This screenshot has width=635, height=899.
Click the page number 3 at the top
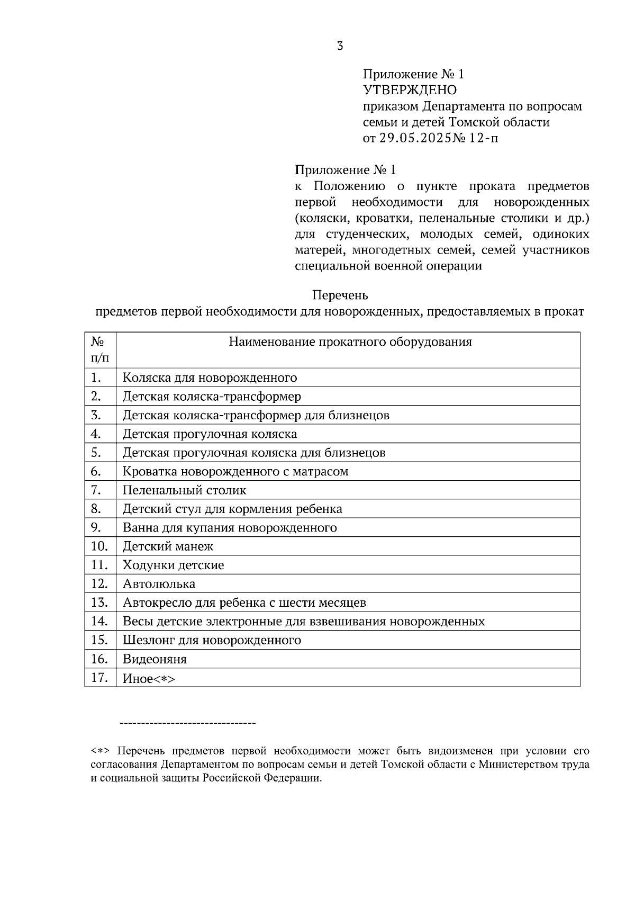pyautogui.click(x=340, y=46)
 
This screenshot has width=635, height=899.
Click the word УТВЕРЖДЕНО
pyautogui.click(x=410, y=90)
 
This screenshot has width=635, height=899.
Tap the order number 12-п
pyautogui.click(x=483, y=139)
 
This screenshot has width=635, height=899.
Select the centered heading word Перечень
pyautogui.click(x=340, y=295)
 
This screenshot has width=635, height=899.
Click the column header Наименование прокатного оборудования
pyautogui.click(x=350, y=342)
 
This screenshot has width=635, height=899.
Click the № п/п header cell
pyautogui.click(x=100, y=350)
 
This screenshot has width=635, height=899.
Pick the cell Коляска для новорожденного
pyautogui.click(x=210, y=378)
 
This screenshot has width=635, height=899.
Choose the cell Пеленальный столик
pyautogui.click(x=184, y=490)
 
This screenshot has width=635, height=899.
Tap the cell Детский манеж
pyautogui.click(x=168, y=546)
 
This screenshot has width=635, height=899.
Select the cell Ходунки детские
pyautogui.click(x=173, y=565)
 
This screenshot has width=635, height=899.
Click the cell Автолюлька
pyautogui.click(x=159, y=584)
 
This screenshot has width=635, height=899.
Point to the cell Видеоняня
pyautogui.click(x=155, y=659)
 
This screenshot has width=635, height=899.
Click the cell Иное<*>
pyautogui.click(x=149, y=679)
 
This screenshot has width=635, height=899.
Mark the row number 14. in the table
pyautogui.click(x=99, y=621)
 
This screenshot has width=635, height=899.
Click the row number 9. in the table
pyautogui.click(x=96, y=527)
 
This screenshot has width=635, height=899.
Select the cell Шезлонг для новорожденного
pyautogui.click(x=212, y=640)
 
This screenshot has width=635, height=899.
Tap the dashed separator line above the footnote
pyautogui.click(x=188, y=723)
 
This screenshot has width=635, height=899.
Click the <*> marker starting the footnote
pyautogui.click(x=99, y=751)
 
